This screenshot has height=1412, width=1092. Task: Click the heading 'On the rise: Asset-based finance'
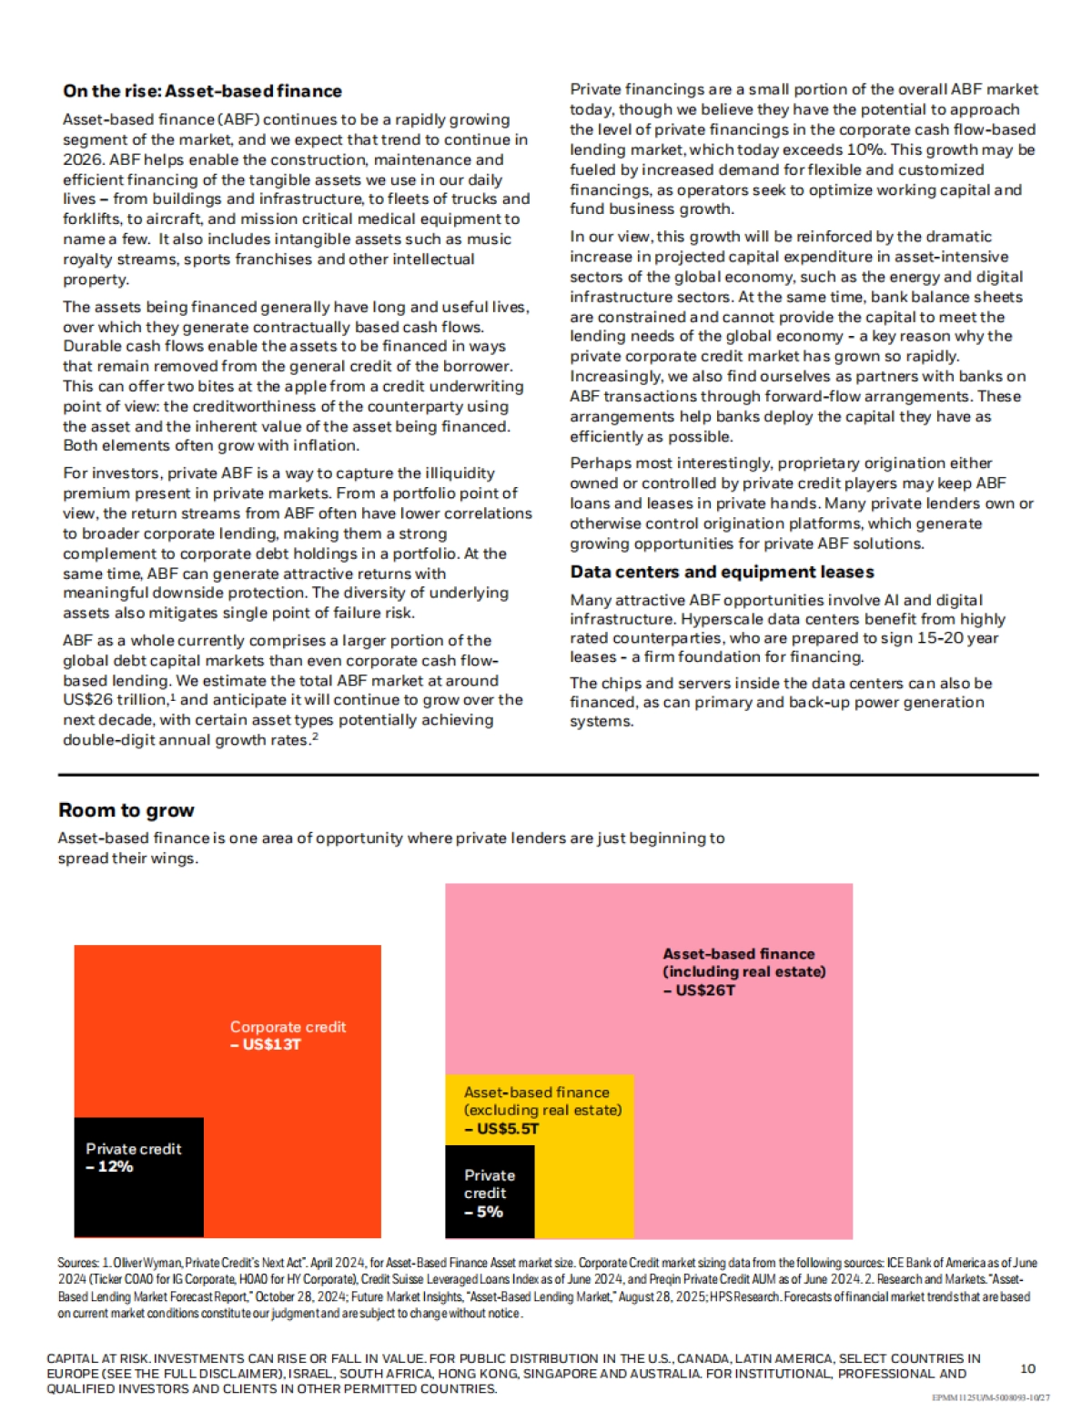[x=202, y=91]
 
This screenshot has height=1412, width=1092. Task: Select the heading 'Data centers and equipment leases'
[x=722, y=572]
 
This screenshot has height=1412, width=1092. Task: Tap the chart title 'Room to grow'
[x=126, y=810]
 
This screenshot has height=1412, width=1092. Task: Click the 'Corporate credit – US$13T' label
[x=288, y=1035]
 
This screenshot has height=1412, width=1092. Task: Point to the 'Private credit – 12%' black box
[x=138, y=1176]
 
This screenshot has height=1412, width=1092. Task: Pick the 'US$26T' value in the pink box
[x=705, y=990]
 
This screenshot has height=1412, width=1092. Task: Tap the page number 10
[x=1027, y=1368]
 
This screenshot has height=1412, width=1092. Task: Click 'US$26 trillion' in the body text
[x=115, y=700]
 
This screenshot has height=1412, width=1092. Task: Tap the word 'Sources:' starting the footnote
[x=77, y=1263]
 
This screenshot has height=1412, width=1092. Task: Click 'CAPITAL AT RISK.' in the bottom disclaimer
[x=99, y=1358]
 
